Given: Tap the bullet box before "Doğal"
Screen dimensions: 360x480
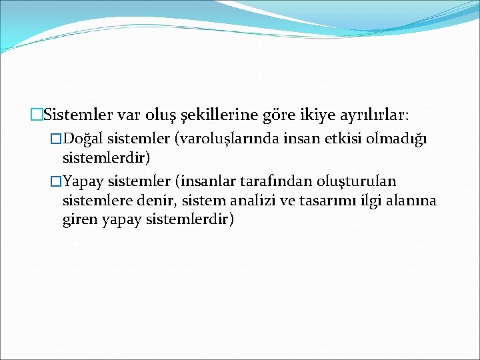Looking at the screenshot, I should [56, 138].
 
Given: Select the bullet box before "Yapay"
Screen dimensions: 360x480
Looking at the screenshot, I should [56, 181].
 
